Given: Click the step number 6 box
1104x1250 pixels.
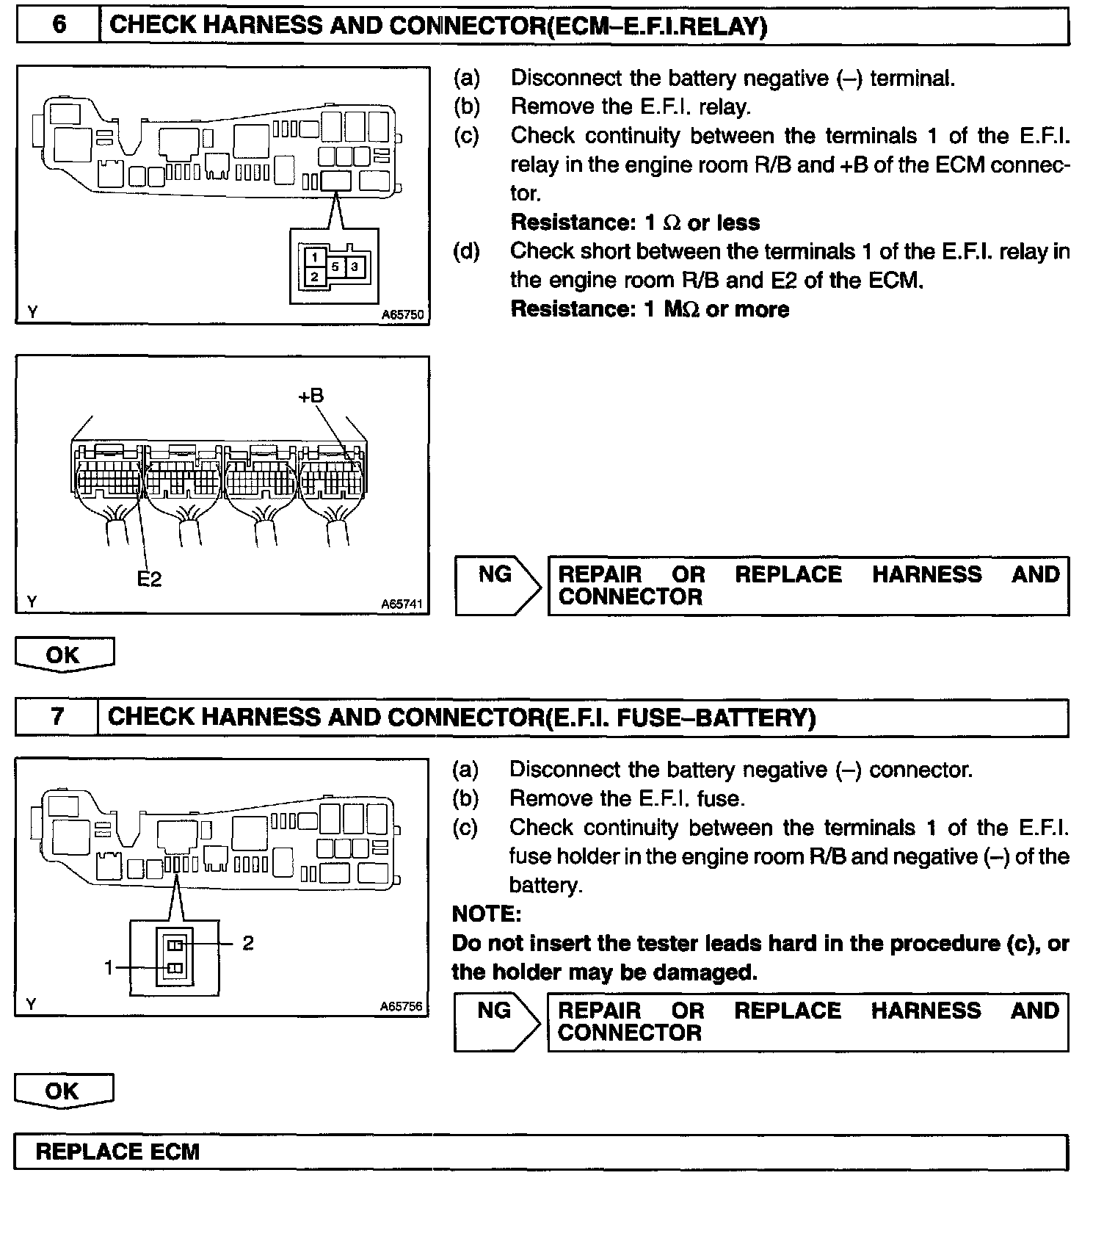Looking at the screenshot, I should click(59, 26).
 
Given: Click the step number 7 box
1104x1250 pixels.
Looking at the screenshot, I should click(57, 717).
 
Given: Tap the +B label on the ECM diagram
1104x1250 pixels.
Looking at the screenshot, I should click(310, 396).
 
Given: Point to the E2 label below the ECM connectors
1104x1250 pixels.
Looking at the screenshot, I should click(149, 579).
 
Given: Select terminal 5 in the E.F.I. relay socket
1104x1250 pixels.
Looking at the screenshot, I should click(335, 267).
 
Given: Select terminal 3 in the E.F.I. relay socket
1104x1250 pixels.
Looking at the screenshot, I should click(355, 267).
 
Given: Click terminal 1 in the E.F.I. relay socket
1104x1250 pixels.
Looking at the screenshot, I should click(314, 257).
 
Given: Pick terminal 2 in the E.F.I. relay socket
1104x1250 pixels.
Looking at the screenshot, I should click(314, 277).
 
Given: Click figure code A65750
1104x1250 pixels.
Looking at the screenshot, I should click(402, 314).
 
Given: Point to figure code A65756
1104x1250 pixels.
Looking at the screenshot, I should click(402, 1006).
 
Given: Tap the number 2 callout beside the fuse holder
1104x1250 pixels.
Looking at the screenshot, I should click(248, 942).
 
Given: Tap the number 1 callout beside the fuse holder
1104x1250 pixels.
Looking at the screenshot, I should click(109, 968).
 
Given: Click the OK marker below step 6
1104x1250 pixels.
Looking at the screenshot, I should click(64, 654).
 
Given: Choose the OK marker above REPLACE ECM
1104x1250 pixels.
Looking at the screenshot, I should click(63, 1090).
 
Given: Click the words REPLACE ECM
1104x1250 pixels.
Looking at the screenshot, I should click(117, 1151).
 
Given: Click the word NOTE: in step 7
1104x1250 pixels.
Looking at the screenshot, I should click(487, 914).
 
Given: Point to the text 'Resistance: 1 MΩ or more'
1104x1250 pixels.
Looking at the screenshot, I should click(650, 309).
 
